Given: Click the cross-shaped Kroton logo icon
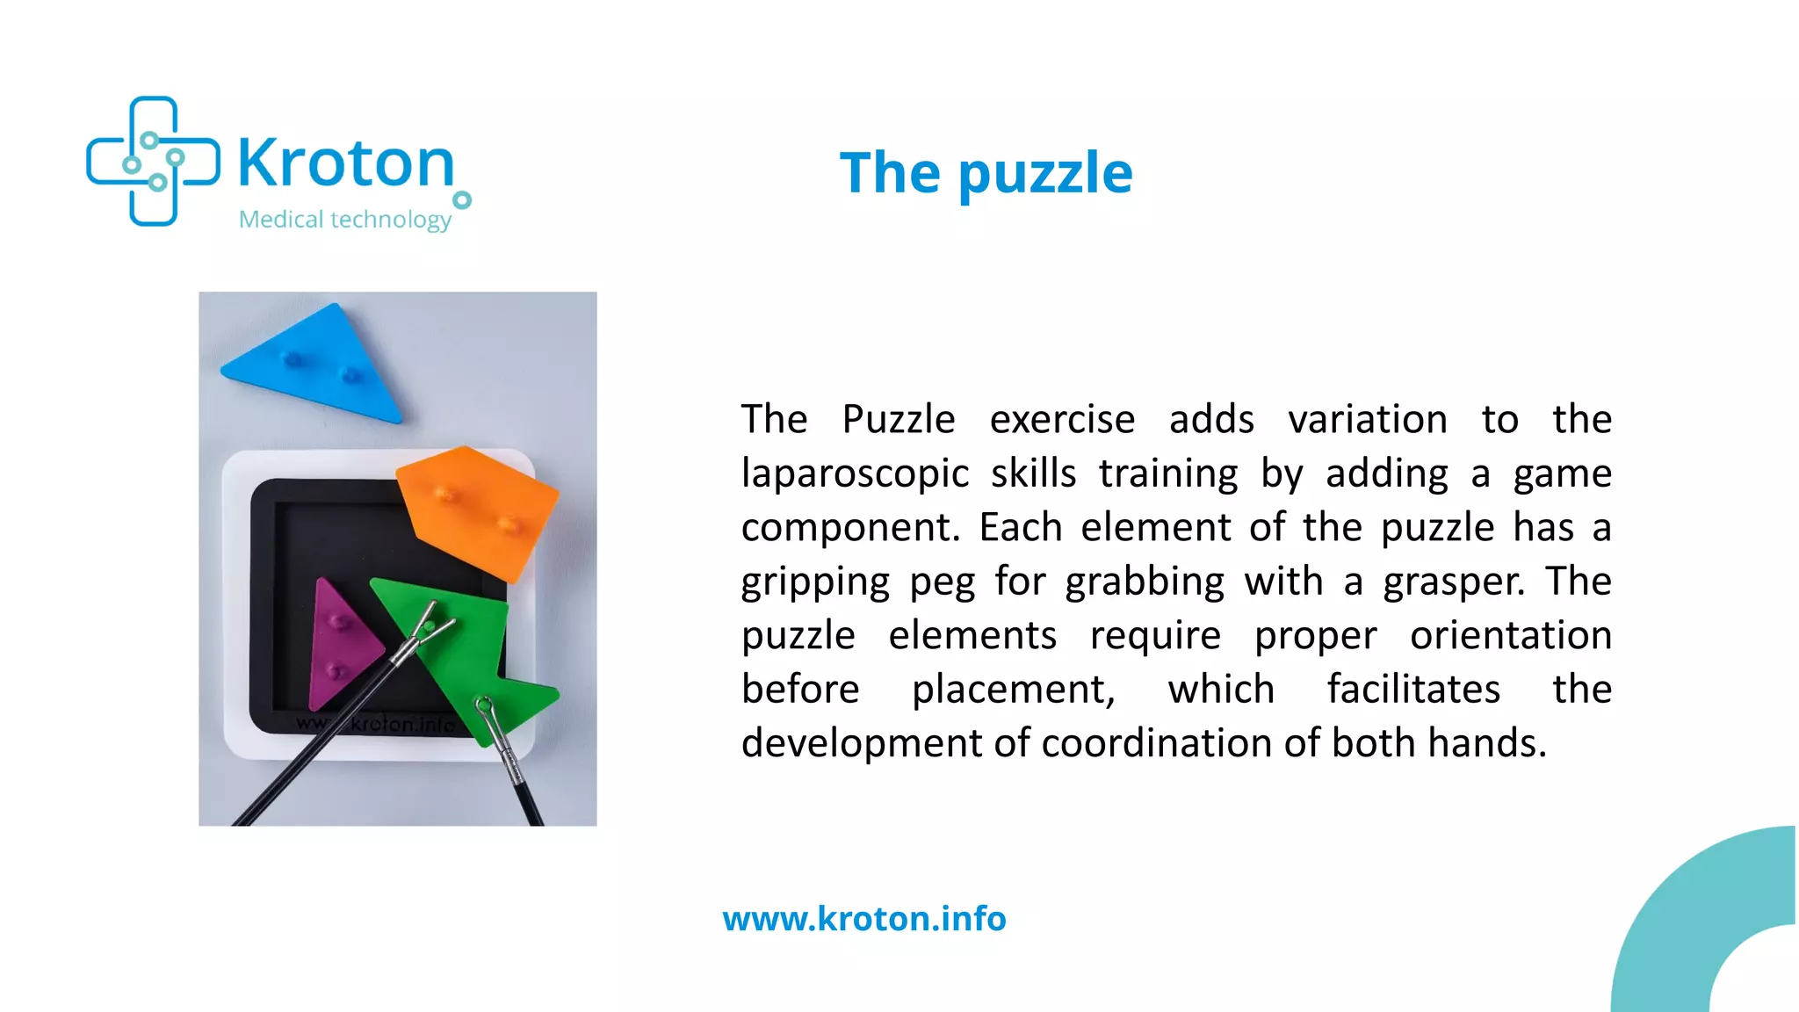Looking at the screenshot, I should pyautogui.click(x=153, y=161).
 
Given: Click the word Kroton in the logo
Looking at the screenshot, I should pyautogui.click(x=346, y=163).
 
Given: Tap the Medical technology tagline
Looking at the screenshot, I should pyautogui.click(x=344, y=219).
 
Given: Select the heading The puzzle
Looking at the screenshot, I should pyautogui.click(x=986, y=172).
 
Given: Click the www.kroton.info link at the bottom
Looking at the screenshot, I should pyautogui.click(x=864, y=919).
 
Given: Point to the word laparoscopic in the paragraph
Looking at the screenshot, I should pyautogui.click(x=854, y=473).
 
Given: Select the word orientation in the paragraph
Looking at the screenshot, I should pyautogui.click(x=1510, y=635).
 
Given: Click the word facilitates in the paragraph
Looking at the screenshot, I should pyautogui.click(x=1412, y=690).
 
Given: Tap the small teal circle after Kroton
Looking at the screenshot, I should pyautogui.click(x=462, y=200).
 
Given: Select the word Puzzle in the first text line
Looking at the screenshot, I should pyautogui.click(x=898, y=420).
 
